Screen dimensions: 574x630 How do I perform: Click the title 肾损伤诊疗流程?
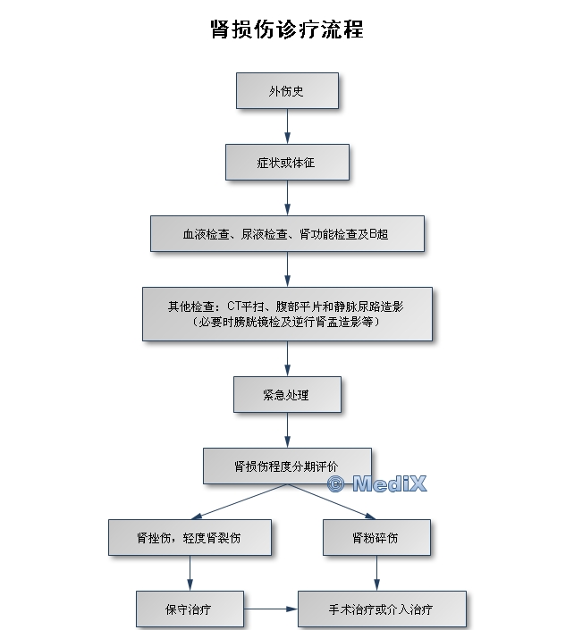click(x=287, y=29)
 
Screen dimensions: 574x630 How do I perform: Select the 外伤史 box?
click(x=287, y=91)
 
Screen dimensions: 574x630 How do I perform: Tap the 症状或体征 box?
click(x=287, y=163)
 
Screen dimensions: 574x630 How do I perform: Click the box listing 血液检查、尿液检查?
click(x=287, y=234)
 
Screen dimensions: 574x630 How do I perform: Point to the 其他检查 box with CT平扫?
click(x=287, y=315)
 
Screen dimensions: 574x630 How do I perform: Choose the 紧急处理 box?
click(x=287, y=395)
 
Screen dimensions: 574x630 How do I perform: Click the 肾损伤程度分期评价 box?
click(x=287, y=466)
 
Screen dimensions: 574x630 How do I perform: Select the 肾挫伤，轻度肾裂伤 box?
click(x=190, y=538)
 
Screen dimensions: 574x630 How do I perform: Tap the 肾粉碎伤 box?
click(x=376, y=538)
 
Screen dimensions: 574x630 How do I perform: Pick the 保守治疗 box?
click(x=190, y=609)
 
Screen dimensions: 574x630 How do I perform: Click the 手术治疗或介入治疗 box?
click(x=382, y=609)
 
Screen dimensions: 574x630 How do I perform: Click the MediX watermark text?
click(x=389, y=483)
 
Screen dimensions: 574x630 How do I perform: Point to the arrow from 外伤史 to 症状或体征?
click(x=287, y=126)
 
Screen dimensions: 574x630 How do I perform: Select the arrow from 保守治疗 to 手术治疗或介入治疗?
click(x=271, y=609)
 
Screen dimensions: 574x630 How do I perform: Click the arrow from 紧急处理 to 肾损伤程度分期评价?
click(x=287, y=430)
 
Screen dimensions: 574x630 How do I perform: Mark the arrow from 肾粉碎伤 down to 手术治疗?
click(x=376, y=573)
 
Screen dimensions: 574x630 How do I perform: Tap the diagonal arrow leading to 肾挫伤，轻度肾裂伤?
click(x=240, y=501)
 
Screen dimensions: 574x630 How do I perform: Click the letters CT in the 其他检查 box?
click(x=234, y=307)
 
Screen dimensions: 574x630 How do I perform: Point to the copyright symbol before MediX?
click(x=336, y=483)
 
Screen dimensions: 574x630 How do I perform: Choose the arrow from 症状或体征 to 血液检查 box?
click(x=287, y=197)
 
